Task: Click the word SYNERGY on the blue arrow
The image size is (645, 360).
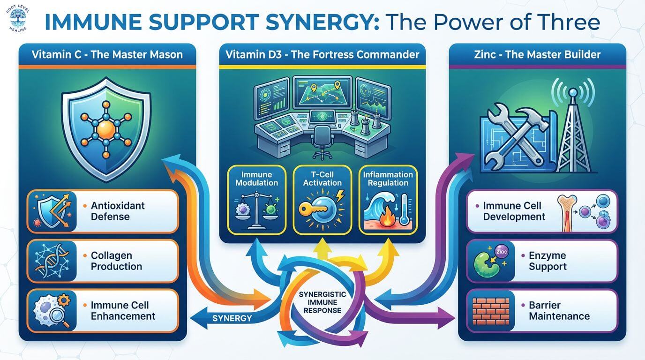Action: coord(232,319)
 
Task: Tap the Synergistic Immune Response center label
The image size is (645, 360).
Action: coord(322,302)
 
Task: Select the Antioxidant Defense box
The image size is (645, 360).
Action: coord(103,211)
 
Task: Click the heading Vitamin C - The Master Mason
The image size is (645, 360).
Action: coord(107,54)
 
